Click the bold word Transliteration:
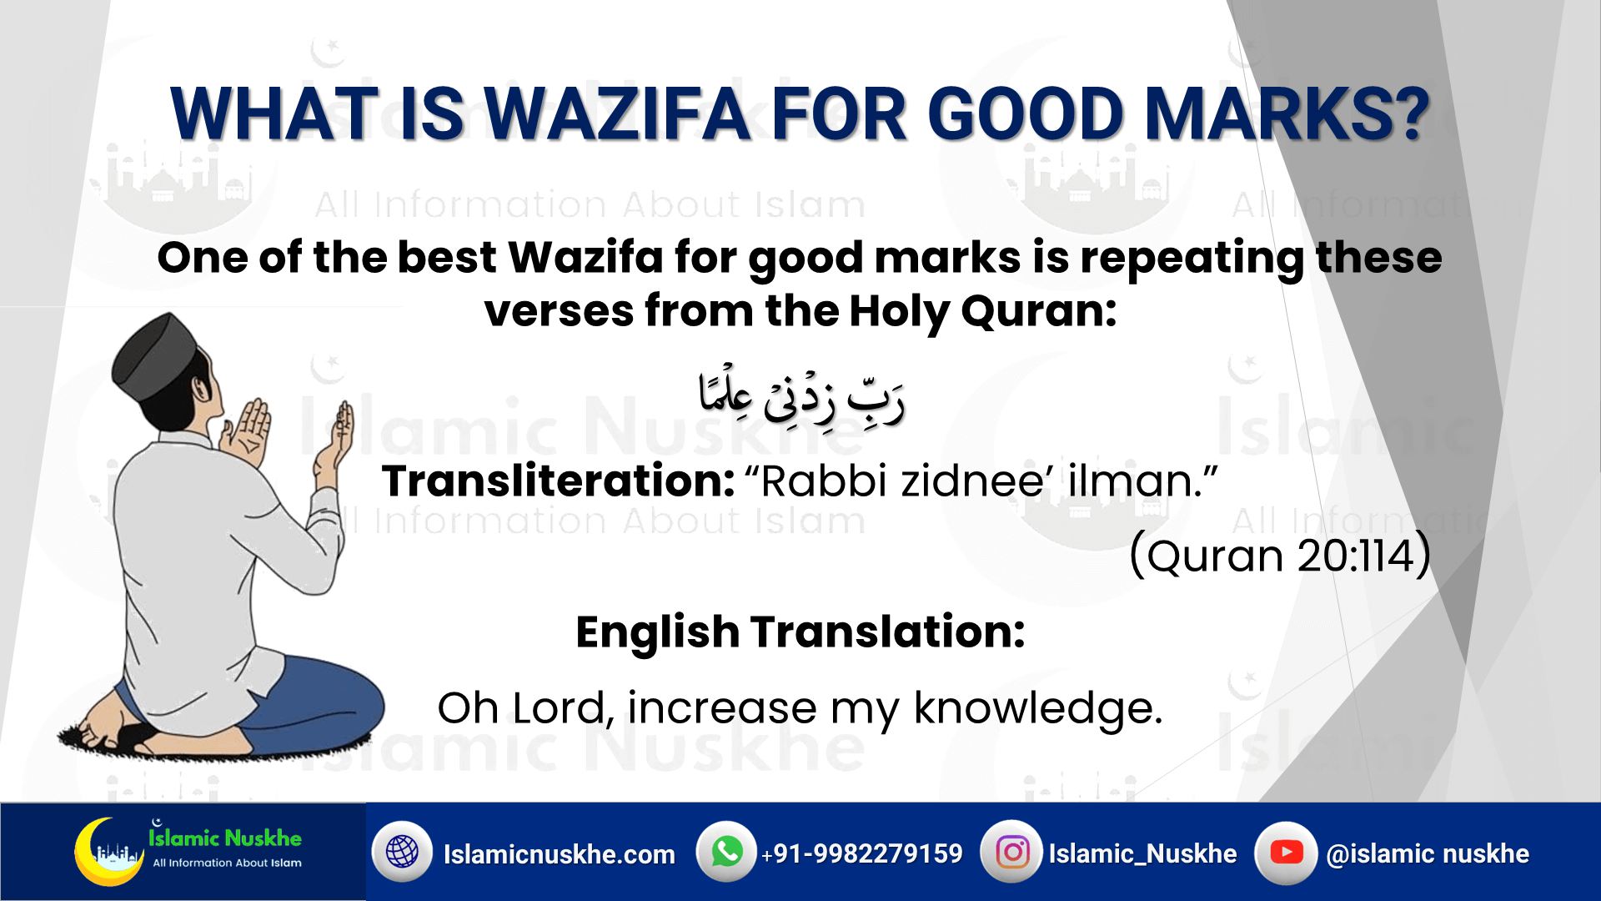point(558,481)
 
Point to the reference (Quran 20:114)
point(1280,555)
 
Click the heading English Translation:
point(800,632)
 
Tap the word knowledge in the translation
point(1038,709)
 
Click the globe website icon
point(402,852)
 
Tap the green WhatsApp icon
point(726,852)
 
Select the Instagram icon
point(1011,852)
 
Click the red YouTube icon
point(1286,852)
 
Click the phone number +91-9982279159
point(862,853)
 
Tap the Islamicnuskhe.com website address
point(560,854)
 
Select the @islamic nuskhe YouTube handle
point(1428,853)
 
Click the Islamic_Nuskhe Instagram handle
point(1142,853)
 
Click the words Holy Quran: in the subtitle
point(983,312)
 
